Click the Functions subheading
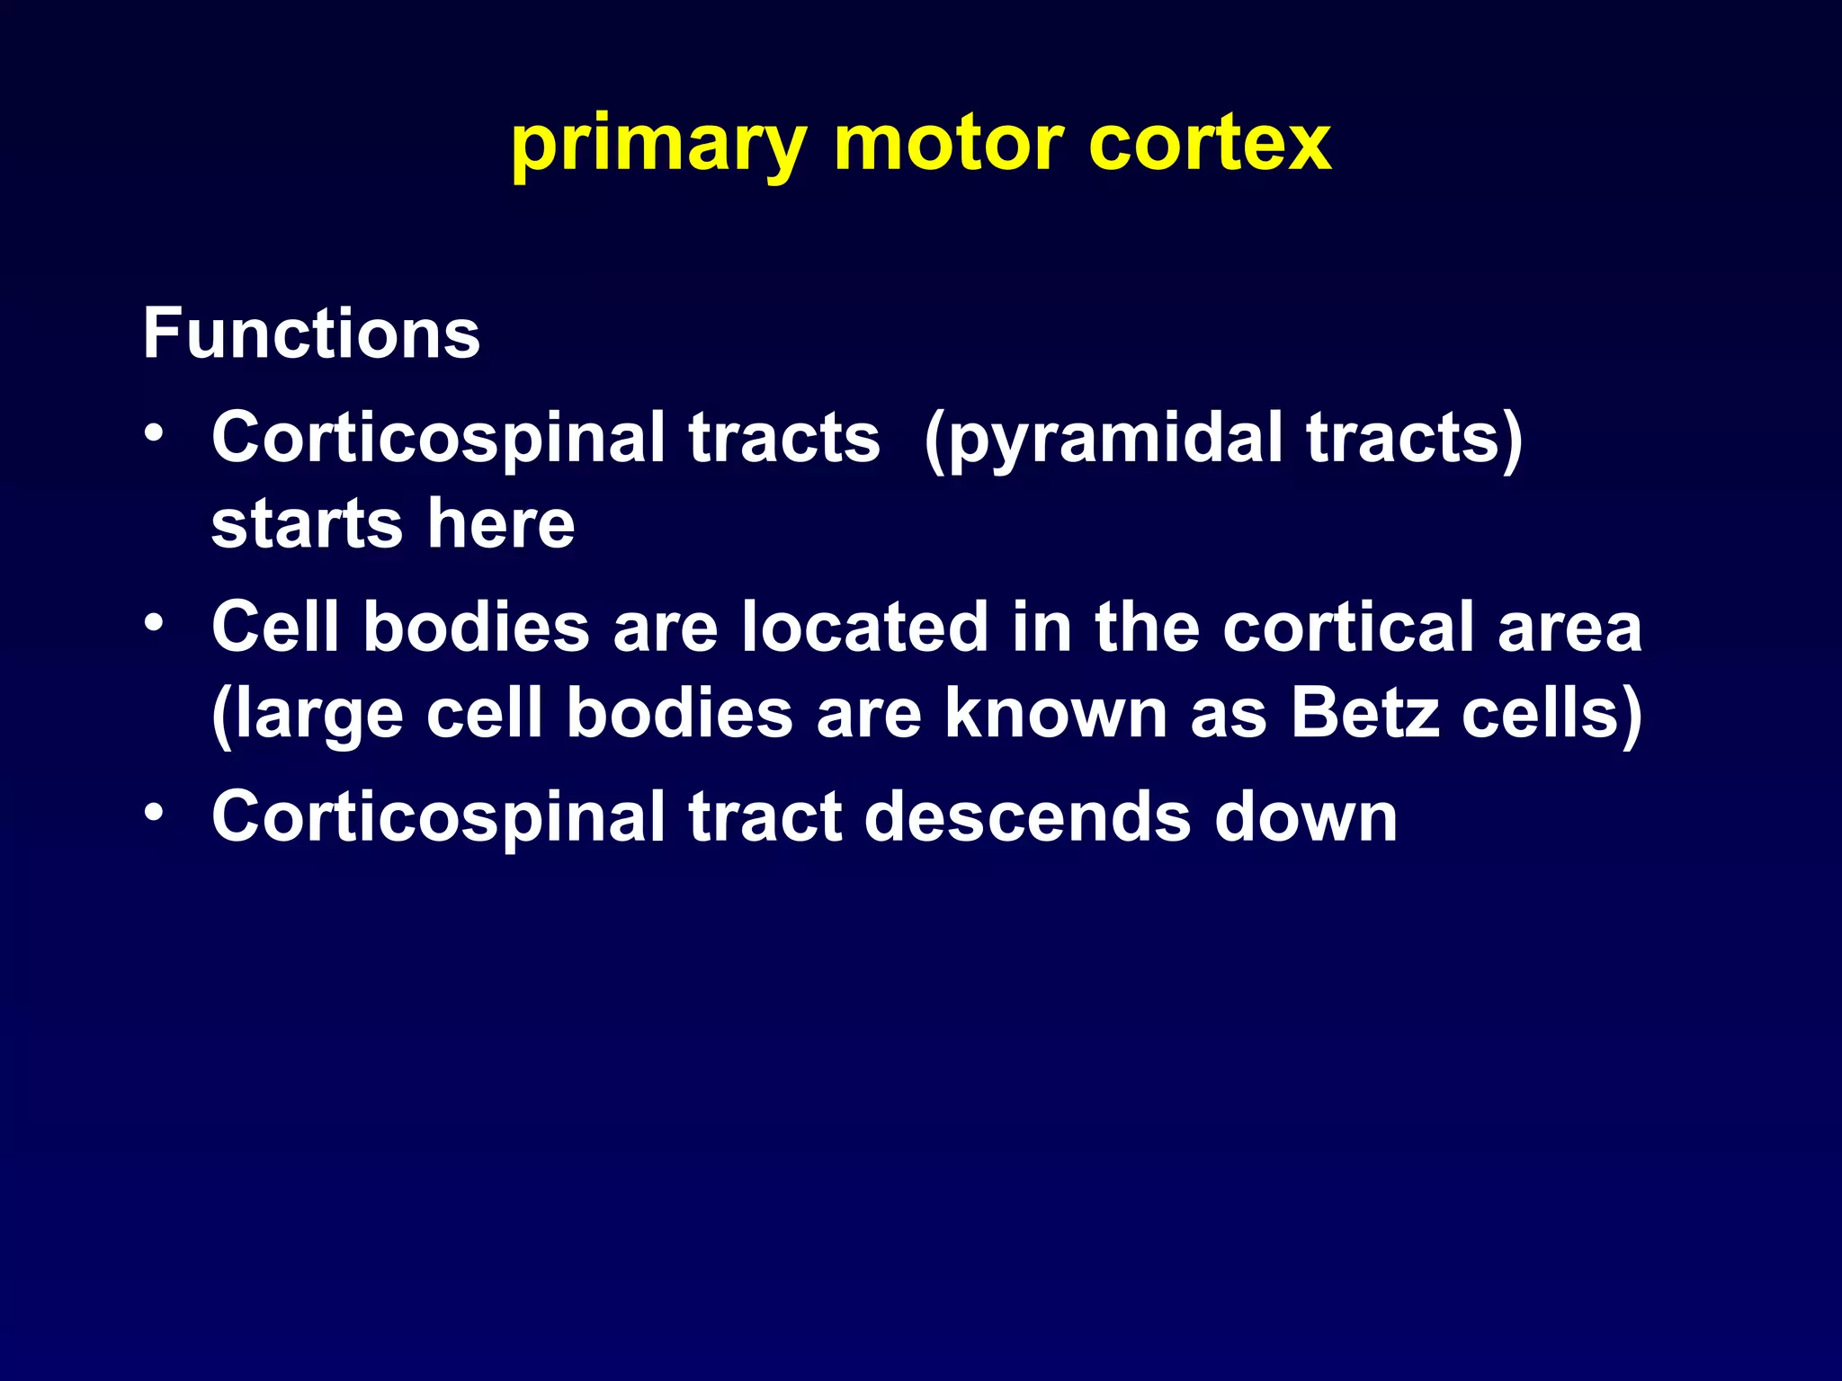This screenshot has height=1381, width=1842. (x=311, y=334)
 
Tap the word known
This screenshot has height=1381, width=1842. (x=1056, y=714)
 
